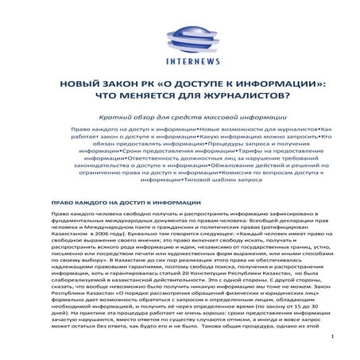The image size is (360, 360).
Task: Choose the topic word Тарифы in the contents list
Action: click(255, 150)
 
